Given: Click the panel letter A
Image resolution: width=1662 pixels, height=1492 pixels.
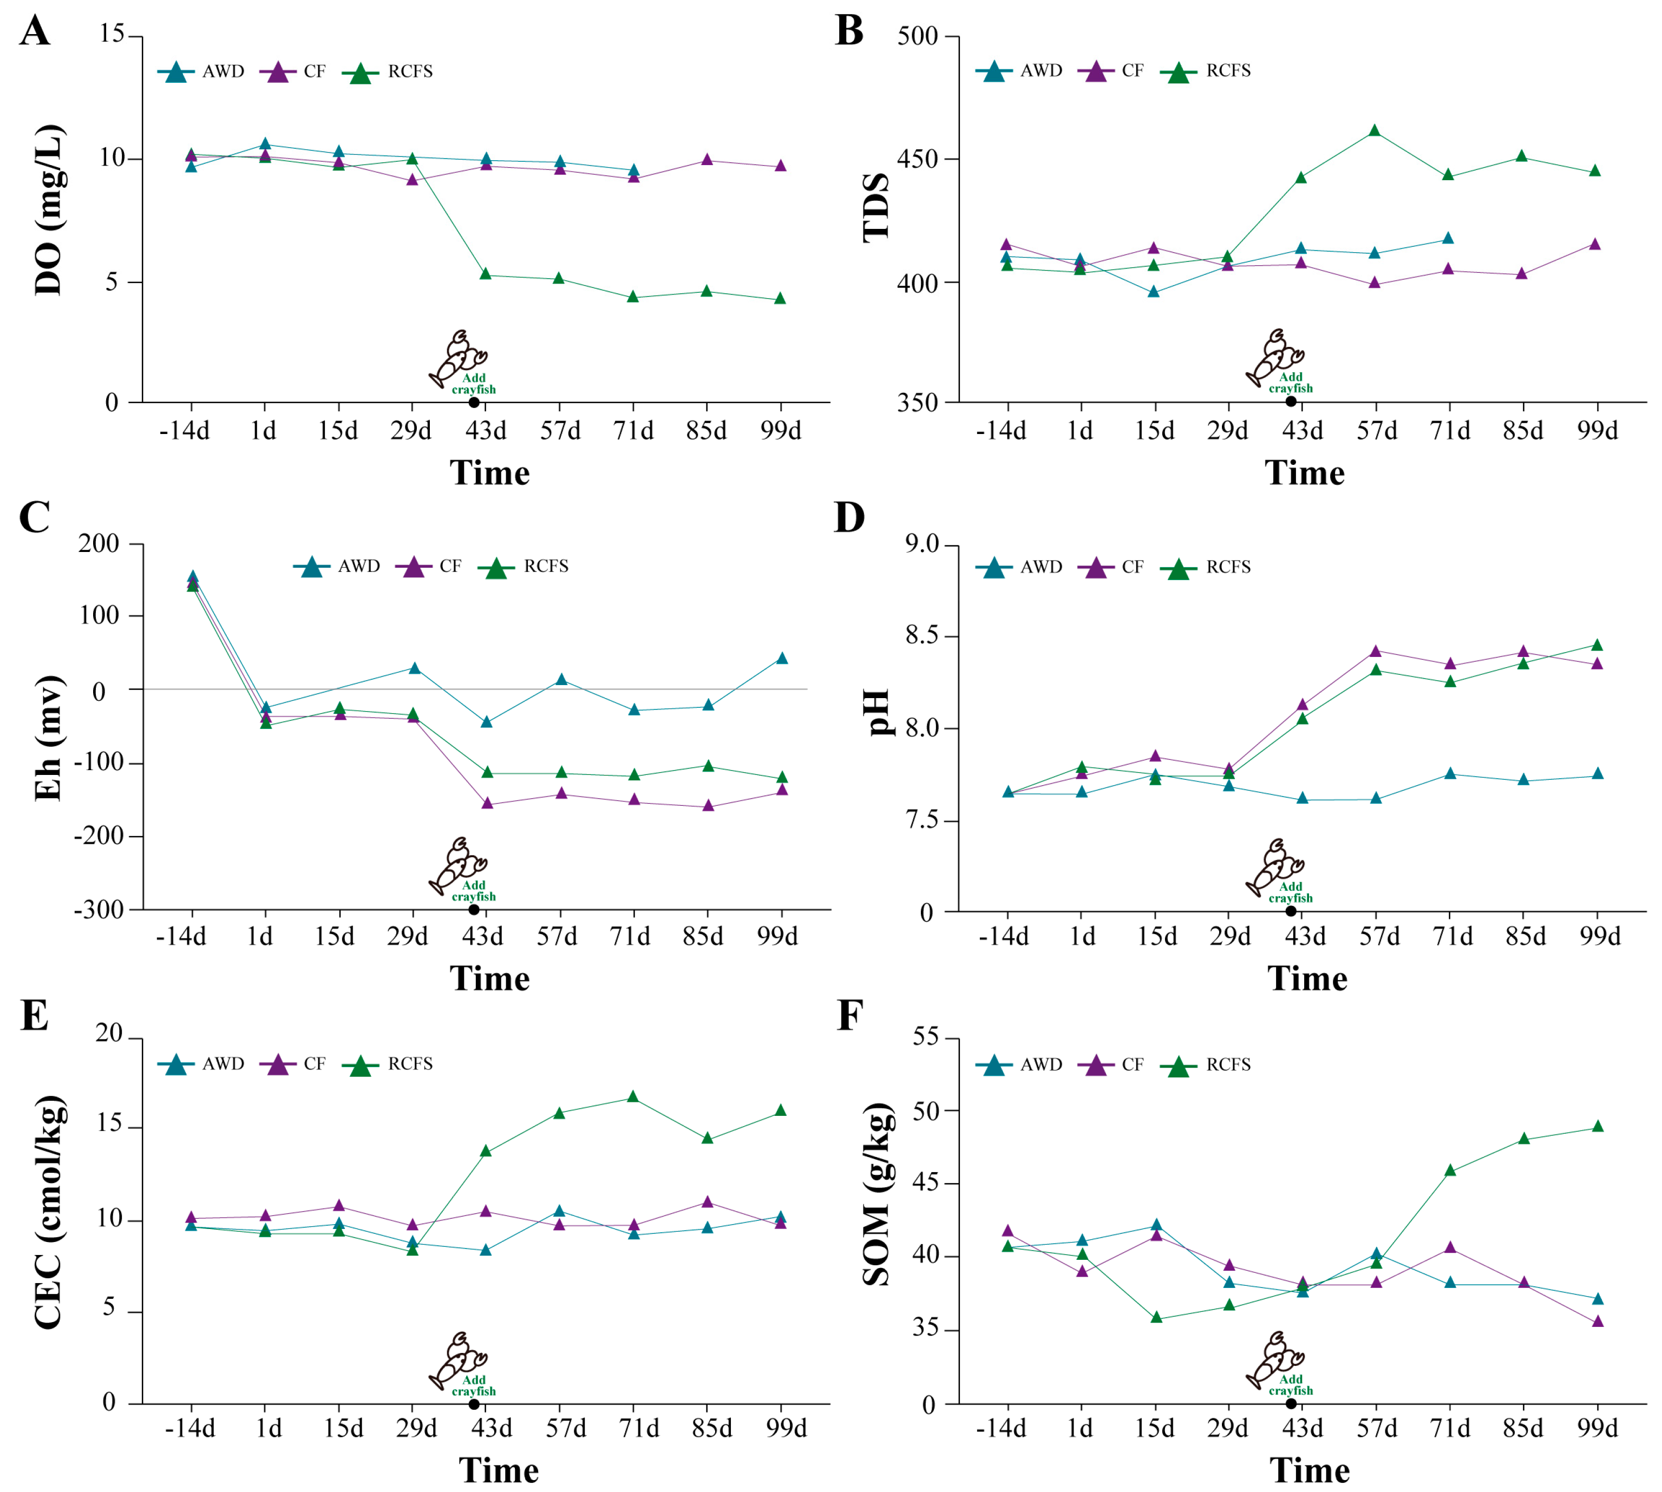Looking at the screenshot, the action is tap(35, 31).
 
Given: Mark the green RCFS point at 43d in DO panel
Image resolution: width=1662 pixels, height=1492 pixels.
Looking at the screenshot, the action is tap(486, 274).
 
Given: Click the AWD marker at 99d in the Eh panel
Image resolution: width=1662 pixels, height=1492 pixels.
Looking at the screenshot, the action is tap(781, 658).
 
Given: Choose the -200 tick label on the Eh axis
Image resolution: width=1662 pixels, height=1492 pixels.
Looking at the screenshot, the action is tap(97, 836).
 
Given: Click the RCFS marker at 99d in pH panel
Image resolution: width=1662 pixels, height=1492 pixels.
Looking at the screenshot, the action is tap(1596, 645).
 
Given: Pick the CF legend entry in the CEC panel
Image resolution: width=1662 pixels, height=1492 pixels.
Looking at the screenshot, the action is tap(293, 1064).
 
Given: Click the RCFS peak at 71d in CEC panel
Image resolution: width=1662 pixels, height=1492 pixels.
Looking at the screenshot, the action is tap(632, 1097).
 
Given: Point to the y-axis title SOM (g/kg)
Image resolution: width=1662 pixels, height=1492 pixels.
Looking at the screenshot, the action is tap(878, 1194).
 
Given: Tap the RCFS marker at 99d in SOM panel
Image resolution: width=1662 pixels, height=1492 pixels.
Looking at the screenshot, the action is tap(1597, 1126).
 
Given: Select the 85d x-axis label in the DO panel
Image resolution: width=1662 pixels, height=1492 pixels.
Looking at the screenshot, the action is tap(706, 430).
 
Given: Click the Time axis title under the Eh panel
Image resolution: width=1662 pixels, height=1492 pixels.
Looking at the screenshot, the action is tap(489, 979).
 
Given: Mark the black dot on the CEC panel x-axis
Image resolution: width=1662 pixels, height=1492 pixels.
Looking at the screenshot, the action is tap(474, 1403).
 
